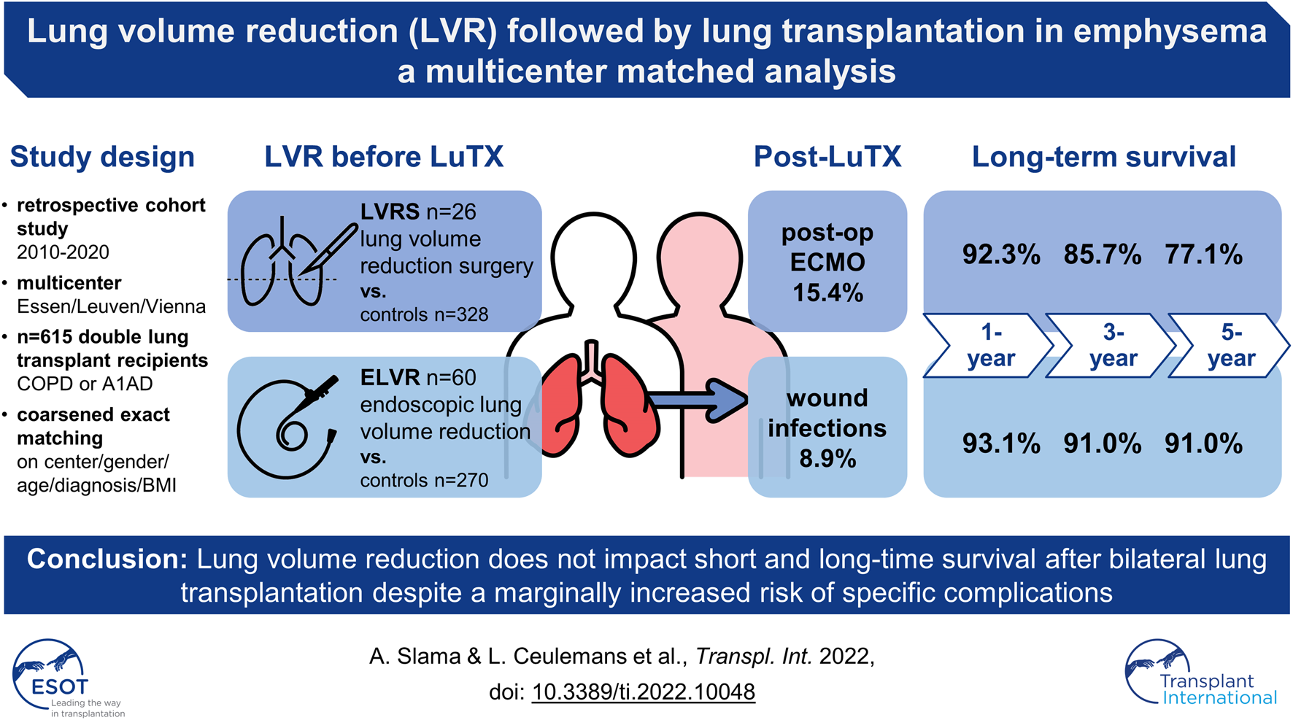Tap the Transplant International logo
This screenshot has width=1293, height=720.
1201,673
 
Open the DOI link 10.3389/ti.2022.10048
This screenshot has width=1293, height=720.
643,692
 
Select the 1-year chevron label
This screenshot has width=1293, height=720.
990,345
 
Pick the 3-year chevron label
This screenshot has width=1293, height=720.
1113,345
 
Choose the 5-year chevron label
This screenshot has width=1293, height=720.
1231,345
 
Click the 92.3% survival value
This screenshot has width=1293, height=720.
1000,255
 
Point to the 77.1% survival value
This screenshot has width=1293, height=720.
1203,255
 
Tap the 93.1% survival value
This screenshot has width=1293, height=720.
1000,444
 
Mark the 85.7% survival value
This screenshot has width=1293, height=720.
1102,255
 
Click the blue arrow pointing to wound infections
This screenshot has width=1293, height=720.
697,400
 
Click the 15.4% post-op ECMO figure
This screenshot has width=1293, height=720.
827,293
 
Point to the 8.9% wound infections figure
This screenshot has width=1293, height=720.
827,459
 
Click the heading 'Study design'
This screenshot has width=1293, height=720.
102,157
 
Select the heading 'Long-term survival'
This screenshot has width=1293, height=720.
1103,157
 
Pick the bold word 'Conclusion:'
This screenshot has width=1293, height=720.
108,560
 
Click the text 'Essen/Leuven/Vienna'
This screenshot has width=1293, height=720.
112,306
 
